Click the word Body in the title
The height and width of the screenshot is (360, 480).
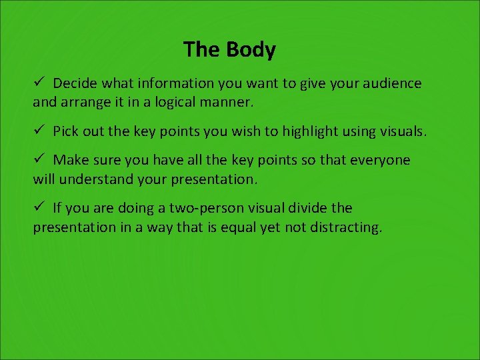251,50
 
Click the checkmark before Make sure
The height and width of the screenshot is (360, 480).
39,159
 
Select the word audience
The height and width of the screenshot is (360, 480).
391,84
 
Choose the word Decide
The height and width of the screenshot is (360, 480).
75,84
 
